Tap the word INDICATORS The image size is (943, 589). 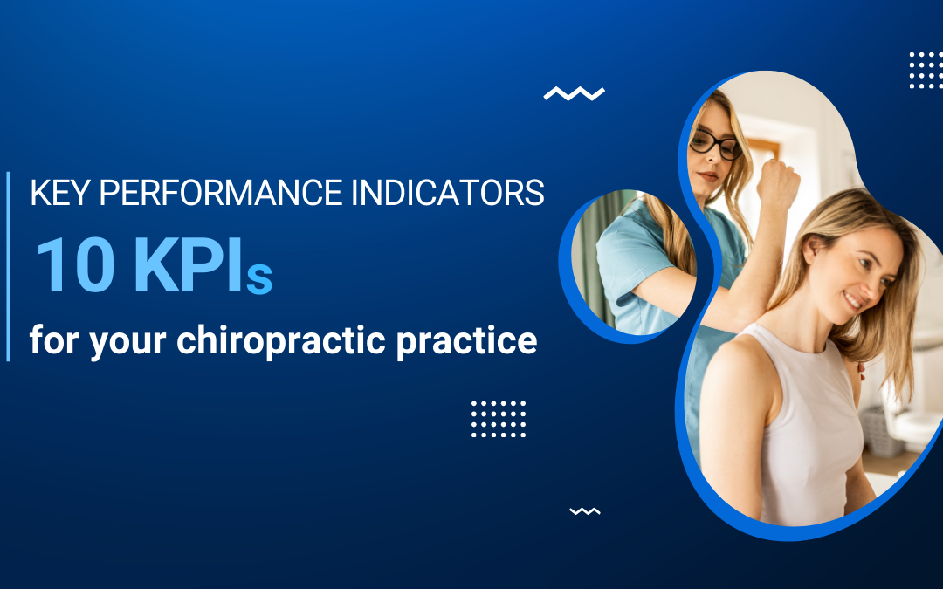point(447,194)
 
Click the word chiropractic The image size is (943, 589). point(281,339)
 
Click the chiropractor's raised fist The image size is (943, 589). point(778,181)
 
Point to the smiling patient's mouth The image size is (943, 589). point(852,301)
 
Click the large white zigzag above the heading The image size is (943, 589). point(574,93)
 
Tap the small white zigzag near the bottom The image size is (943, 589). point(584,511)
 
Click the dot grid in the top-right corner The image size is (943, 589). point(925,70)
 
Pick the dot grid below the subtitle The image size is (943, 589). point(499,419)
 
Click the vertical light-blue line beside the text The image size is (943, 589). point(9,266)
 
